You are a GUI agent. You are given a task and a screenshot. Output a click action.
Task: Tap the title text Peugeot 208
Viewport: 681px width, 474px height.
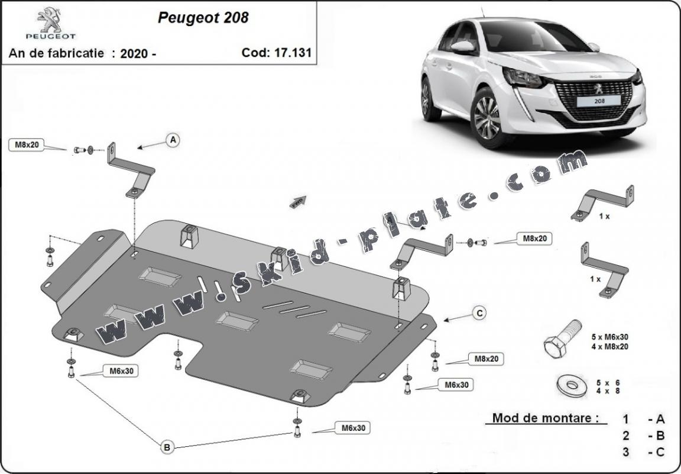click(x=203, y=18)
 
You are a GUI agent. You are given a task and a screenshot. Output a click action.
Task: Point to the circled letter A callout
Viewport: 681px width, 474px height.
click(x=173, y=140)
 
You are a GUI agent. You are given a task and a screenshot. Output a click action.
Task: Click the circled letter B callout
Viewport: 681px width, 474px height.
click(x=167, y=448)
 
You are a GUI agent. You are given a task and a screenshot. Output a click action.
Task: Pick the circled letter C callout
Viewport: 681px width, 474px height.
click(x=479, y=313)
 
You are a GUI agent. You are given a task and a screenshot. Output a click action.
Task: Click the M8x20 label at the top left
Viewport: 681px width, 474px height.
click(x=27, y=144)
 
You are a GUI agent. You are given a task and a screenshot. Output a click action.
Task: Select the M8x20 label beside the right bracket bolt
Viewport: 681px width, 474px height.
click(x=534, y=238)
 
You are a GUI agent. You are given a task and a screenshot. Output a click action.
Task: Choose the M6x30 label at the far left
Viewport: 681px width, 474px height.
click(x=121, y=371)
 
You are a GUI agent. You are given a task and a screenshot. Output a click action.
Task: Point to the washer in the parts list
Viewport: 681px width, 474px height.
click(x=571, y=385)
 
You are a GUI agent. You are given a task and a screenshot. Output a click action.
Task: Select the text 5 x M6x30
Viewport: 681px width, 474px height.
click(x=609, y=337)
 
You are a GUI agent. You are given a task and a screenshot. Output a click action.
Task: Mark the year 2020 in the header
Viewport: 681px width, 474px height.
click(x=134, y=53)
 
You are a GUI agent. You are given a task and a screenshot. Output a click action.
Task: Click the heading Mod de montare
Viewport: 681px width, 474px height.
click(x=541, y=418)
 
